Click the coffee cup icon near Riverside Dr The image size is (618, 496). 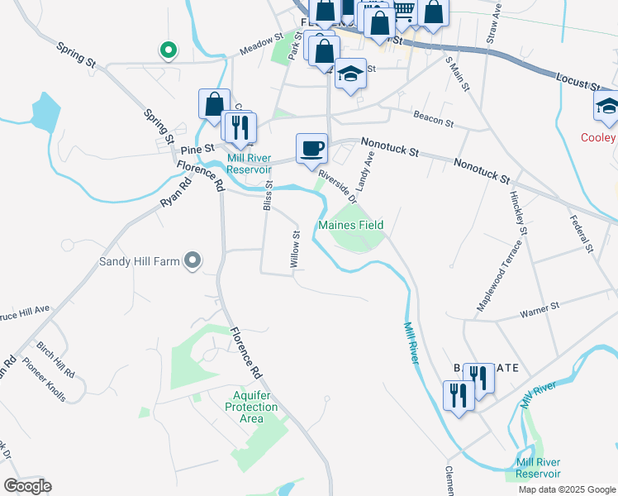click(x=311, y=149)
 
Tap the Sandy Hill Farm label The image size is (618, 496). click(x=140, y=261)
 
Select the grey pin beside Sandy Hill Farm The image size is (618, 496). click(x=193, y=261)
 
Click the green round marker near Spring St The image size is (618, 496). click(x=168, y=50)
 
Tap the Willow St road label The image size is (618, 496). click(x=295, y=249)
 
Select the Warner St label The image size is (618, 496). click(x=540, y=310)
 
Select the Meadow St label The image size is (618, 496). click(x=261, y=45)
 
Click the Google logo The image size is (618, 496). click(x=28, y=485)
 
